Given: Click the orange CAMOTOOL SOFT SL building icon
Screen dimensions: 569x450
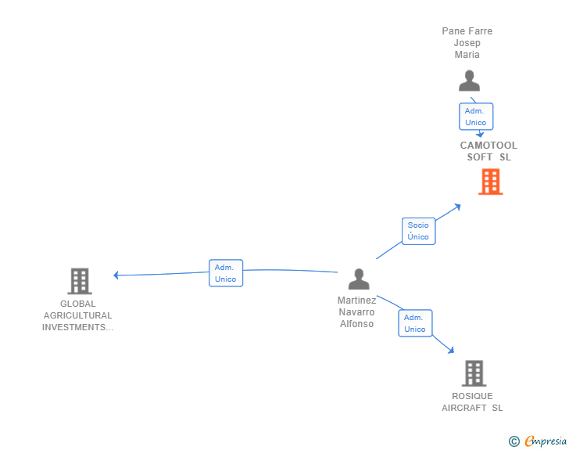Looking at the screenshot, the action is click(x=490, y=182).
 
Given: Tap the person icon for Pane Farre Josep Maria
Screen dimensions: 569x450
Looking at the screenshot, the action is click(x=469, y=81).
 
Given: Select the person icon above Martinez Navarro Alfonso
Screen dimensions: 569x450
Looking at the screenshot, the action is click(x=359, y=279).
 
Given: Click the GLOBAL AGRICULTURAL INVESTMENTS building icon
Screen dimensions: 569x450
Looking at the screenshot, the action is click(x=80, y=281).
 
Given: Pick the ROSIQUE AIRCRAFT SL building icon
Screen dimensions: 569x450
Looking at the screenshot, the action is click(x=474, y=373).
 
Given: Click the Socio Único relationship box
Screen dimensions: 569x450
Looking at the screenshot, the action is click(x=418, y=231).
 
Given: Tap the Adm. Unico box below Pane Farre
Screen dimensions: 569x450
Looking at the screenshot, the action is click(x=476, y=117).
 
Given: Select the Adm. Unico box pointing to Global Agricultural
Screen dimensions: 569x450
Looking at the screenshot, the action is click(x=226, y=273).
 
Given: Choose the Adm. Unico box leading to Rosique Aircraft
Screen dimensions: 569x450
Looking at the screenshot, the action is click(x=415, y=323).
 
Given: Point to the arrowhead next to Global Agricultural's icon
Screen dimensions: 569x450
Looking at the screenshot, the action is click(x=116, y=275).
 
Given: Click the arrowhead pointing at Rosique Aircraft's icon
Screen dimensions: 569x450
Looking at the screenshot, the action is click(x=451, y=350).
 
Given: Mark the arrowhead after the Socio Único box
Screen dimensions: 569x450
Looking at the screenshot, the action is click(x=457, y=207).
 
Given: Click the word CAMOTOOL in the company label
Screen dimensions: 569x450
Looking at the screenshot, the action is click(x=488, y=146).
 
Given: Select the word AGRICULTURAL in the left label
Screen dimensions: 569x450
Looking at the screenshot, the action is click(x=77, y=315).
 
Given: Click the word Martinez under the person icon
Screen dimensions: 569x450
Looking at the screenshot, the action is click(x=356, y=301).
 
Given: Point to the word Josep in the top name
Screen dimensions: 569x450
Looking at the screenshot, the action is click(x=467, y=43).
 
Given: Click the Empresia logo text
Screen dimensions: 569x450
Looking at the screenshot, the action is click(x=546, y=441).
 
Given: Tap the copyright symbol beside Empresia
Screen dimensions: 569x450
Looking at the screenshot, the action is click(x=514, y=441).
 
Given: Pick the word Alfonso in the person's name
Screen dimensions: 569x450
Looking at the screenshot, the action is click(x=356, y=324).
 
